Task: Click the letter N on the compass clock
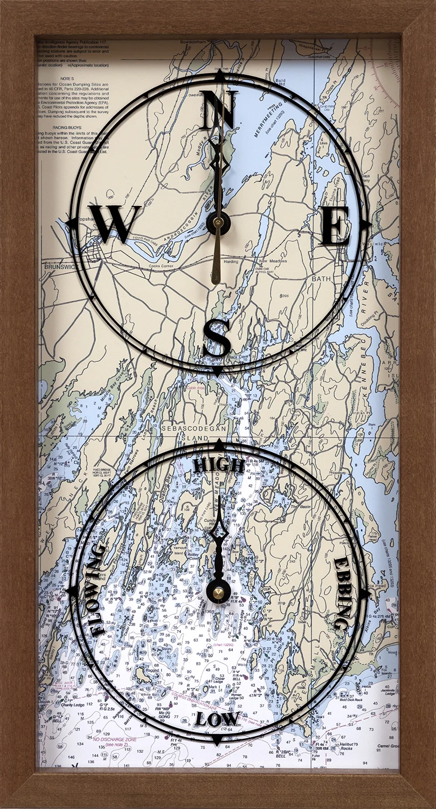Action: [219, 111]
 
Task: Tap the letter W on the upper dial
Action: [114, 223]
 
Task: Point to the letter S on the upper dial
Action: [217, 338]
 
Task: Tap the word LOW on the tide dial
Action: [217, 719]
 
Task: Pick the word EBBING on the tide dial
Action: [342, 593]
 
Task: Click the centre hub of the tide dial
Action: [218, 593]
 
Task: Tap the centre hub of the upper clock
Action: [218, 222]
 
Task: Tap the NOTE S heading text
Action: [67, 78]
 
